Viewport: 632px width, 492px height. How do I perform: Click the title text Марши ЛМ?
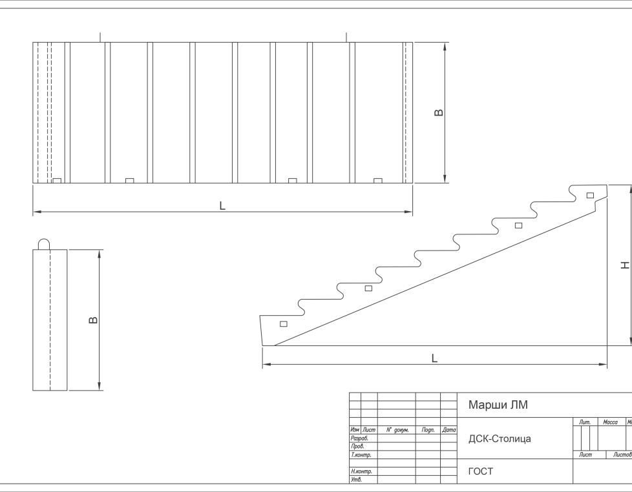(x=498, y=405)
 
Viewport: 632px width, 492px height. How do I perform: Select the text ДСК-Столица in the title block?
(x=500, y=439)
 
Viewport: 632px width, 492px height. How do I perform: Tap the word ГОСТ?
(x=480, y=471)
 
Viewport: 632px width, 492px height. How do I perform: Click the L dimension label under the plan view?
(x=222, y=205)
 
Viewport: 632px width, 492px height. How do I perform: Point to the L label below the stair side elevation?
(x=434, y=358)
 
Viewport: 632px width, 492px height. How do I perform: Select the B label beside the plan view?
(x=439, y=112)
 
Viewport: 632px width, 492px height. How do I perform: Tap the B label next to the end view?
(x=94, y=320)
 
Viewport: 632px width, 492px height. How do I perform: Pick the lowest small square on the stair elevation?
(x=283, y=324)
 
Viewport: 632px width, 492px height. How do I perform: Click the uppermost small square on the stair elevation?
(x=589, y=195)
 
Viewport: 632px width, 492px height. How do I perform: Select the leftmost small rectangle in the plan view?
(x=57, y=180)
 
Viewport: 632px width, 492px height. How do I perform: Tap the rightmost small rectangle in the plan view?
(x=378, y=180)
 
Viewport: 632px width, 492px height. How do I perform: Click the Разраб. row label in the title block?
(x=359, y=438)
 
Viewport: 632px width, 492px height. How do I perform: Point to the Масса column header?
(x=610, y=422)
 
